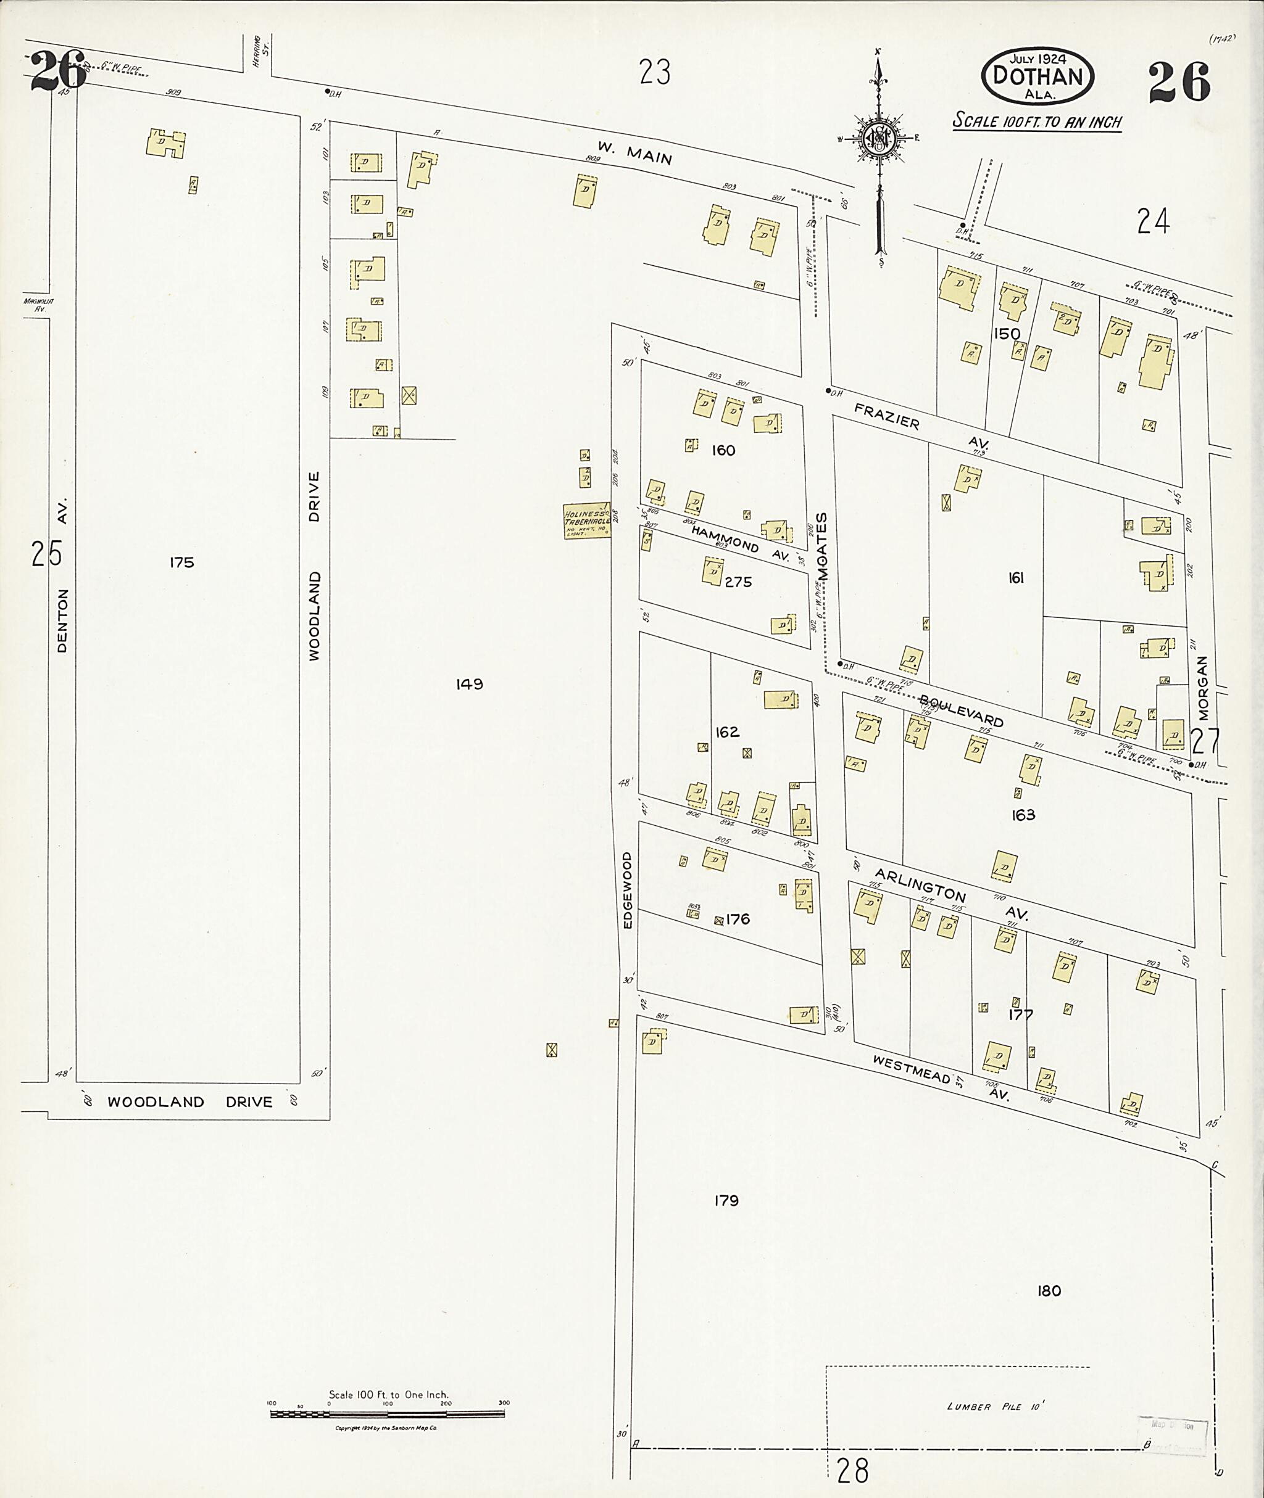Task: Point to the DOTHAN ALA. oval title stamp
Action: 1037,75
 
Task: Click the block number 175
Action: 182,562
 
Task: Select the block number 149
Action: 469,684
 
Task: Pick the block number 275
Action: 738,582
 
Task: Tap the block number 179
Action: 726,1200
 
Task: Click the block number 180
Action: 1049,1290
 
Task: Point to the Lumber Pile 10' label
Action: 996,1406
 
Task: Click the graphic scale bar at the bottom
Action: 387,1414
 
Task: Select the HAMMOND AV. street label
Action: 739,543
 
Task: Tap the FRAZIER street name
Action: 886,415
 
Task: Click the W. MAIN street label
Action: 635,152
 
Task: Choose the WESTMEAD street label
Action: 911,1070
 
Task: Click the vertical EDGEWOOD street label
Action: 628,890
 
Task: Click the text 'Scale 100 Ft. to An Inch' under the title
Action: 1036,121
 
